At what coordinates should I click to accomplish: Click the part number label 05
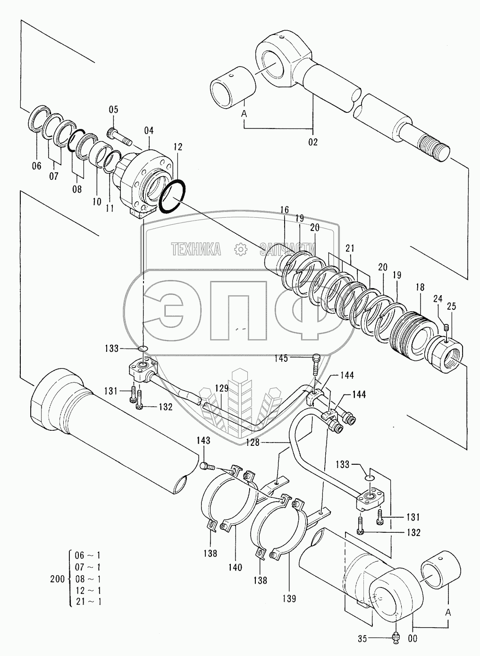click(114, 110)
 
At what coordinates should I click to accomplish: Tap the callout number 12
click(177, 148)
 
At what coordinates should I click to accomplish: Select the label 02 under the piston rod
click(313, 141)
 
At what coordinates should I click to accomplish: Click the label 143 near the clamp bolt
click(203, 441)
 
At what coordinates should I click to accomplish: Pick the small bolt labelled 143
click(207, 467)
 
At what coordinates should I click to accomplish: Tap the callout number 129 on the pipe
click(222, 389)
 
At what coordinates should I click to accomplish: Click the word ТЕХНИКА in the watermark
click(195, 249)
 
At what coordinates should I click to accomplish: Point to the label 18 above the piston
click(420, 287)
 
